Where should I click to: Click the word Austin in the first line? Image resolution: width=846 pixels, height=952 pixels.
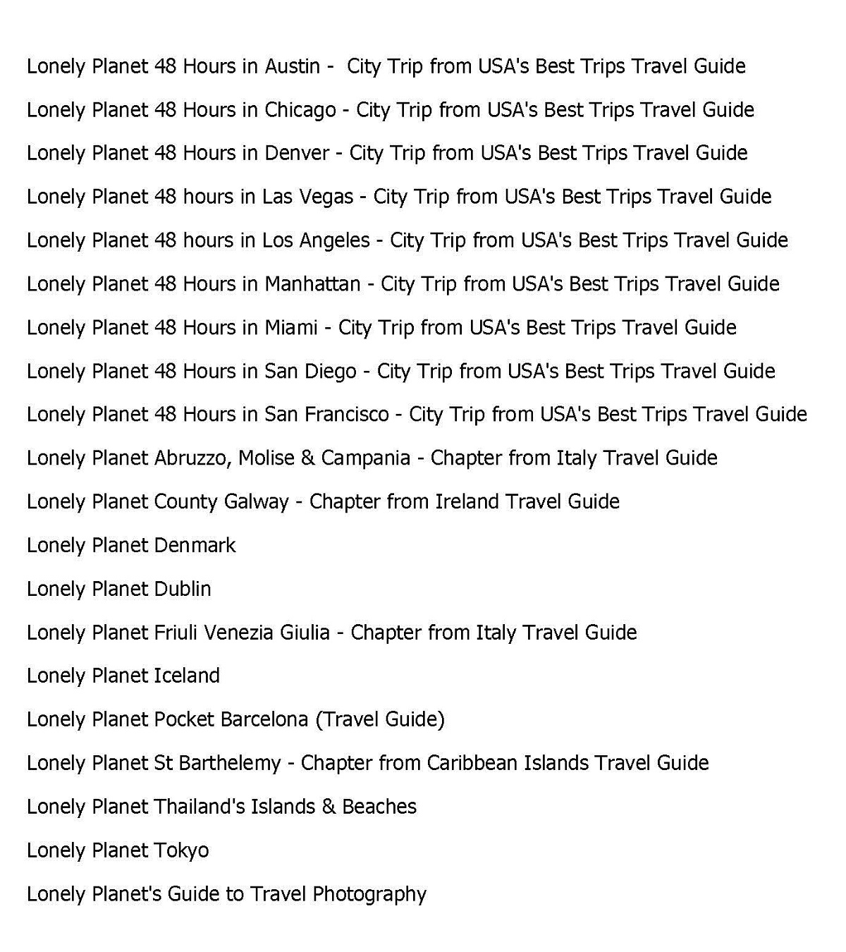[292, 66]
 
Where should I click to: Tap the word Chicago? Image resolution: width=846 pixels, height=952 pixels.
[300, 110]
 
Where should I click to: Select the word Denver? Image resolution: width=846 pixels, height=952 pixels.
[296, 153]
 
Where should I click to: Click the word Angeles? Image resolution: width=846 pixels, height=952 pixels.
[335, 240]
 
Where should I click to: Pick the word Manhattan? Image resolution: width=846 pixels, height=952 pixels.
[312, 284]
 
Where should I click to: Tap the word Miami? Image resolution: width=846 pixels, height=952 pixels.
[290, 328]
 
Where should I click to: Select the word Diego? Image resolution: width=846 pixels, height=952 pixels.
[330, 372]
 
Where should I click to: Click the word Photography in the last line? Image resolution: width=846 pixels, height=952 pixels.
[369, 895]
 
